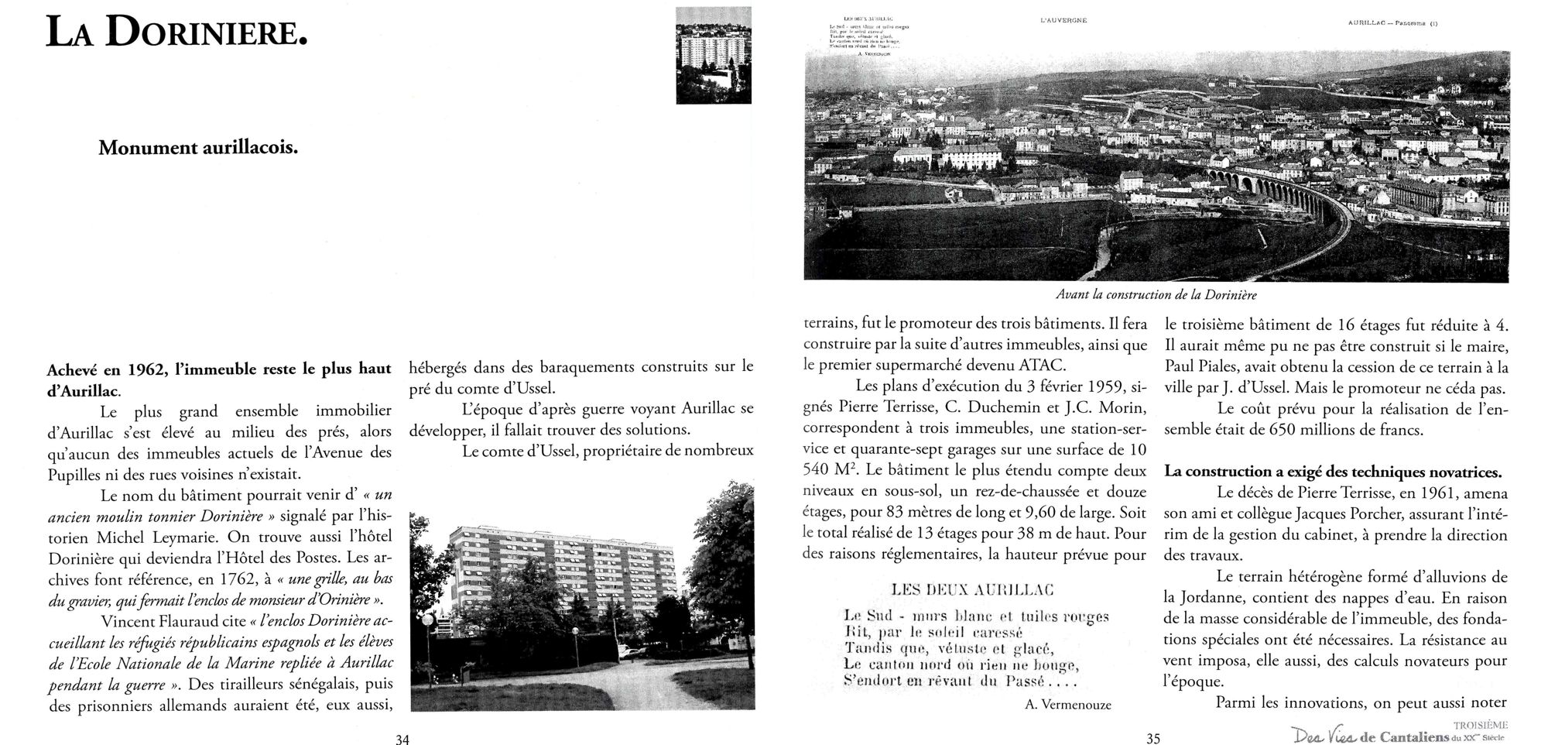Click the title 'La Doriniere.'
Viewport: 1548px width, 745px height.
coord(177,33)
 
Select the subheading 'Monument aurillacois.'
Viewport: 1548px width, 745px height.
coord(198,148)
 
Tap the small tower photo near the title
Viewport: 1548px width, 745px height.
coord(713,55)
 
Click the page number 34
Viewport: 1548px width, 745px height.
coord(402,739)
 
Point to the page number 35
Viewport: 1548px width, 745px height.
coord(1153,739)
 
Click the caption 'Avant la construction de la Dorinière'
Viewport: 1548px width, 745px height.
coord(1156,295)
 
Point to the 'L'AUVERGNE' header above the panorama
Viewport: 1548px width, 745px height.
coord(1064,20)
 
